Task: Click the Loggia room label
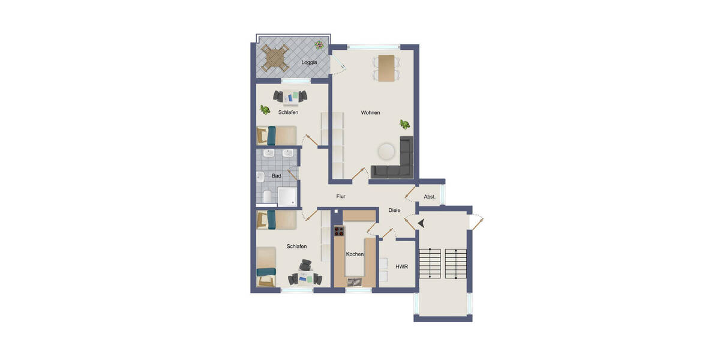pyautogui.click(x=309, y=62)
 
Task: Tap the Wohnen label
pyautogui.click(x=370, y=113)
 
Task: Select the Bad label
pyautogui.click(x=276, y=176)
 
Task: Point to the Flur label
pyautogui.click(x=341, y=196)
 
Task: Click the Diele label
pyautogui.click(x=394, y=210)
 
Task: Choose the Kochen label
pyautogui.click(x=355, y=254)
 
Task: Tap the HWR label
pyautogui.click(x=401, y=266)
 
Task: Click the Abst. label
pyautogui.click(x=430, y=196)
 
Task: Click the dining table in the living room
pyautogui.click(x=386, y=67)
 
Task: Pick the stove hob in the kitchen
pyautogui.click(x=338, y=232)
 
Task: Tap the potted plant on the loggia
pyautogui.click(x=320, y=44)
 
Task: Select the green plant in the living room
pyautogui.click(x=405, y=124)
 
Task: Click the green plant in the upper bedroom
pyautogui.click(x=265, y=110)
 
